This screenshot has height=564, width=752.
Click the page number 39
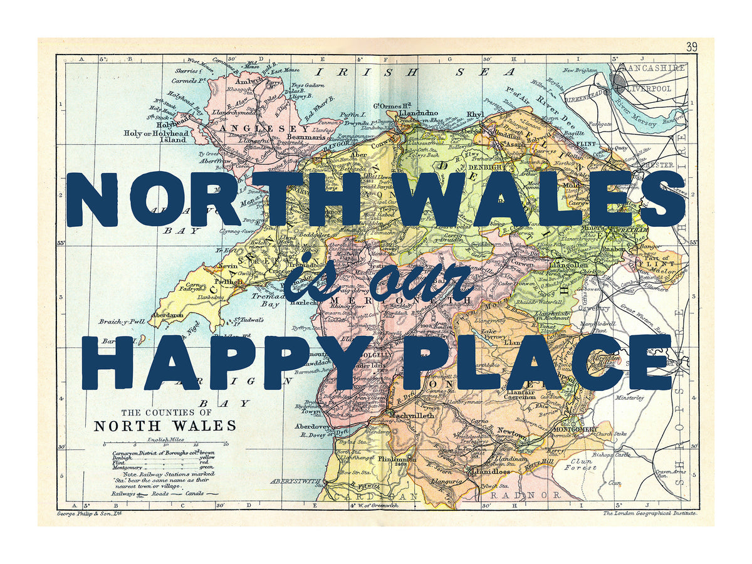point(691,47)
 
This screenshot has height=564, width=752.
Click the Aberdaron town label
point(166,315)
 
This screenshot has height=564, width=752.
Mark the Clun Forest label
point(579,464)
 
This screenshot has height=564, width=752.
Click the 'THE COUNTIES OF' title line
point(166,412)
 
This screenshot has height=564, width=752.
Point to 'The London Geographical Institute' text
point(649,513)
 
